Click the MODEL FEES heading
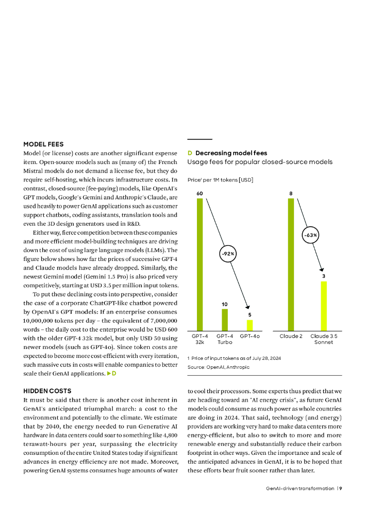pyautogui.click(x=43, y=144)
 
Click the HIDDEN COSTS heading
pyautogui.click(x=47, y=391)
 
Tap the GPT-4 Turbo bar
pyautogui.click(x=225, y=320)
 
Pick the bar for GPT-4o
pyautogui.click(x=250, y=325)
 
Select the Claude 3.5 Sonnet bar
pyautogui.click(x=324, y=306)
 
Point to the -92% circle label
pyautogui.click(x=227, y=254)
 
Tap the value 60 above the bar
pyautogui.click(x=200, y=193)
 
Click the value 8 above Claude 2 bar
pyautogui.click(x=291, y=193)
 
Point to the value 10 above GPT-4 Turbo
pyautogui.click(x=225, y=304)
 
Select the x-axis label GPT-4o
pyautogui.click(x=250, y=337)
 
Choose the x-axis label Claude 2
pyautogui.click(x=291, y=337)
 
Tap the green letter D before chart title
pyautogui.click(x=189, y=153)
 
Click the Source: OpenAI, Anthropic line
pyautogui.click(x=218, y=367)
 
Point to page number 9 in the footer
pyautogui.click(x=341, y=488)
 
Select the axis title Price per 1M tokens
pyautogui.click(x=220, y=179)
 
